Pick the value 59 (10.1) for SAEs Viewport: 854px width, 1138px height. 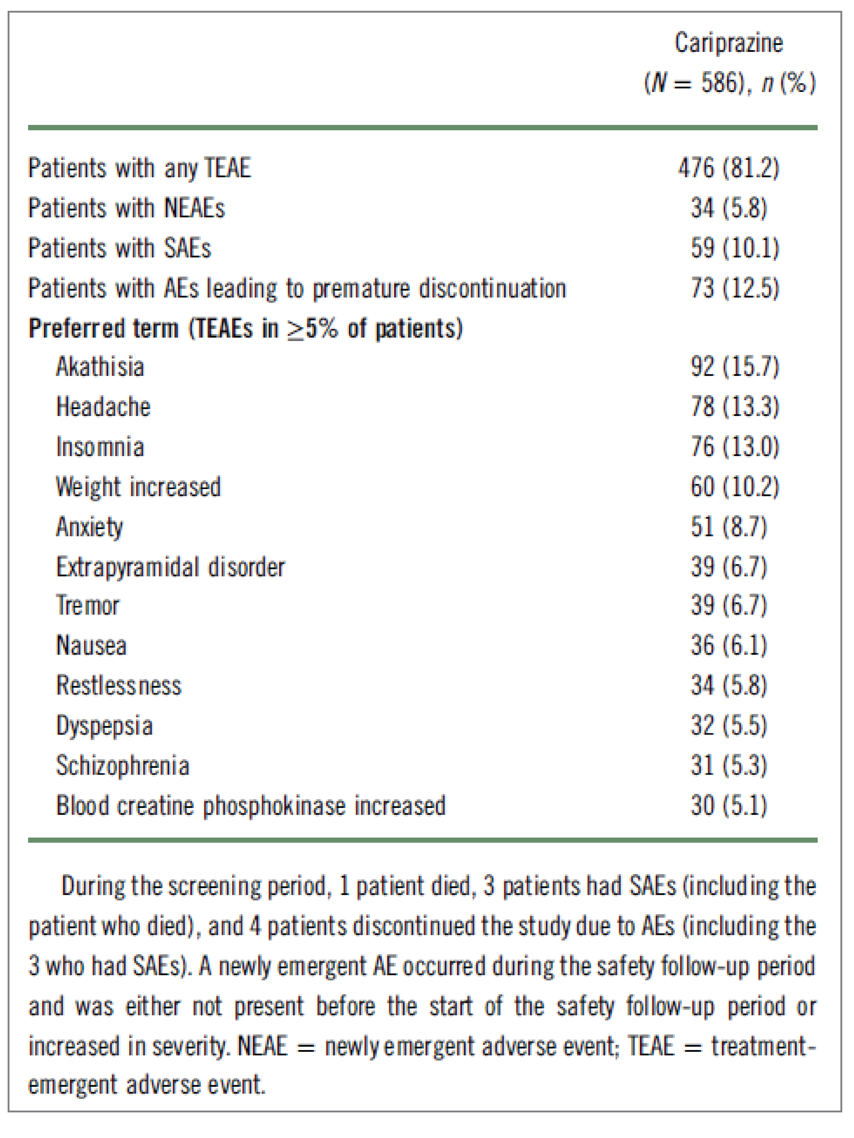(x=735, y=248)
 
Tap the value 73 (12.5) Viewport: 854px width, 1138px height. (x=735, y=288)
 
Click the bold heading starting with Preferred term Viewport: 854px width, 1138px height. (x=246, y=328)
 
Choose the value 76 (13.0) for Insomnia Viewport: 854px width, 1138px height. (x=735, y=447)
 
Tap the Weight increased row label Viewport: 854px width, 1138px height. (x=138, y=487)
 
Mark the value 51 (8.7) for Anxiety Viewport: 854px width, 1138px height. (x=728, y=527)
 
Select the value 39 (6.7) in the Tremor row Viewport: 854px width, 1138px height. (x=728, y=606)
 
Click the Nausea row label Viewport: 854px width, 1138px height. (x=91, y=646)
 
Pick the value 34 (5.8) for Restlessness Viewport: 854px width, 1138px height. (x=728, y=686)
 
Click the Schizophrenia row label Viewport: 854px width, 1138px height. (x=123, y=765)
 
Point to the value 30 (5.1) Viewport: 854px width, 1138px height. (x=728, y=806)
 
